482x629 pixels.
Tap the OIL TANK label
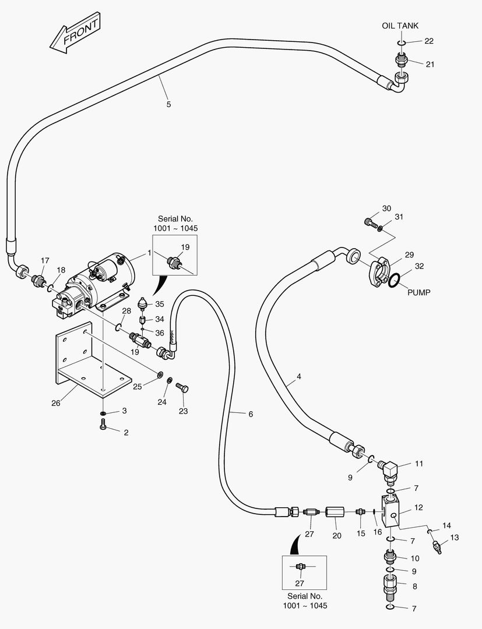[x=400, y=26]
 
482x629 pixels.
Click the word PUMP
[x=418, y=292]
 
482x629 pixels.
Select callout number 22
[x=429, y=41]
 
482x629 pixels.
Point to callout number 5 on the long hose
[x=168, y=104]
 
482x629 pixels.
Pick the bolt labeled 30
[x=367, y=222]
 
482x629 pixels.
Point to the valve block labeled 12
[x=390, y=510]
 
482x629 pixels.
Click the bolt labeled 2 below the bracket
[x=103, y=427]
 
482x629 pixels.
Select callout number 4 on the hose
[x=298, y=377]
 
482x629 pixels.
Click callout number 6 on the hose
[x=251, y=414]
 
